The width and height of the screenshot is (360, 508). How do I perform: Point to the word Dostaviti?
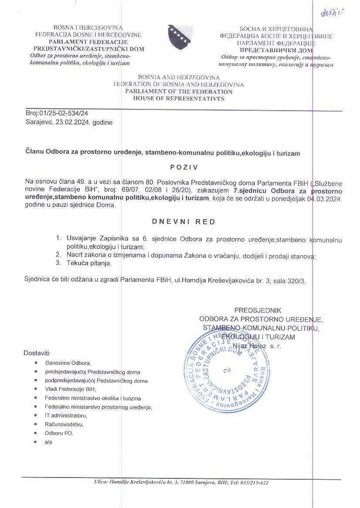coord(37,352)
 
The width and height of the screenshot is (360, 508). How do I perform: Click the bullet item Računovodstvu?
coord(64,424)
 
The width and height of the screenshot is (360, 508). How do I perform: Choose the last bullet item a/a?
coord(48,442)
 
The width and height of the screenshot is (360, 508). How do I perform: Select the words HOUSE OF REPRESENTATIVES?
coord(179,99)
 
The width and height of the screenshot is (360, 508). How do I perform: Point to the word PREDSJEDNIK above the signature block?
coord(258,310)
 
